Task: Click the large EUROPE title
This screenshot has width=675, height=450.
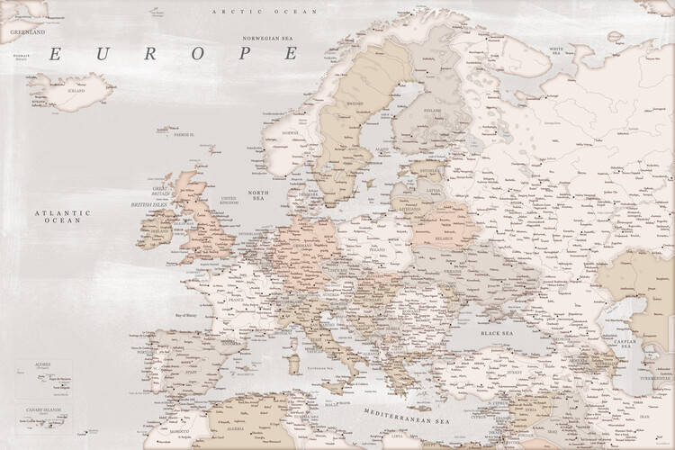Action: (x=171, y=55)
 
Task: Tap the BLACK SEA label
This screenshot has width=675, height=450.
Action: (x=497, y=333)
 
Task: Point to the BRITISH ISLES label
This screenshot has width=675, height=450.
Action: (x=148, y=204)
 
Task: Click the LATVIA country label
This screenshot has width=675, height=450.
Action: (x=434, y=190)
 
